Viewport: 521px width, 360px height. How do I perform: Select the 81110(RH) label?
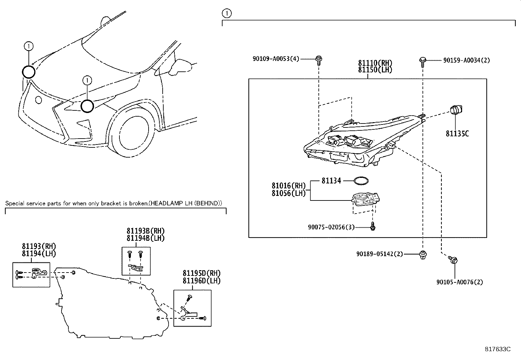375,63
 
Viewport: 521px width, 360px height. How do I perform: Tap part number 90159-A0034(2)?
467,60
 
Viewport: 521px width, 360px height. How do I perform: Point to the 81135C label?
457,134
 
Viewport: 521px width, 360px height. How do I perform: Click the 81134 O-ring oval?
361,180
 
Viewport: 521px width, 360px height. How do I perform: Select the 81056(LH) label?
288,194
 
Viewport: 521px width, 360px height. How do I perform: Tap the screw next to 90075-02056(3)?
373,226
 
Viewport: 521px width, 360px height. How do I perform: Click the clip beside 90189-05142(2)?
422,255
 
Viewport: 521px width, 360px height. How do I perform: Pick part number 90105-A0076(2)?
459,282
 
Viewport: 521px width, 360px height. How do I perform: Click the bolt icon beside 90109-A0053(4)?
318,60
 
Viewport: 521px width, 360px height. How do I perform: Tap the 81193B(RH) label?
146,231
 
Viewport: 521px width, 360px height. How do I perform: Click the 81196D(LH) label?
201,281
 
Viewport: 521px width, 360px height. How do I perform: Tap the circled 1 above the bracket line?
226,13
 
